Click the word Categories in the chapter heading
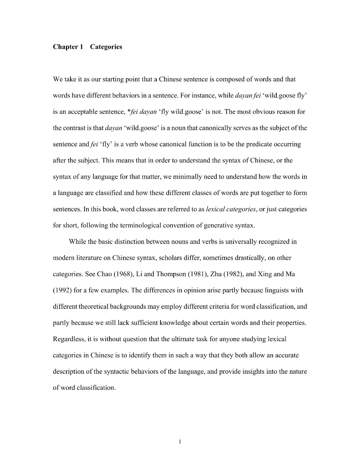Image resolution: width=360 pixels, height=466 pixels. [106, 47]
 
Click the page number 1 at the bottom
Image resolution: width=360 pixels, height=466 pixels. [180, 442]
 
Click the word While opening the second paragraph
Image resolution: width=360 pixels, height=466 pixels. [77, 242]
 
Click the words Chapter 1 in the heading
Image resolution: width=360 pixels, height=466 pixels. [68, 47]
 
